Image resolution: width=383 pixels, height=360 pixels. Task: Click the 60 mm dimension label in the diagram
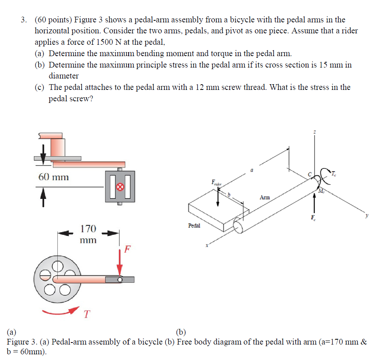[53, 177]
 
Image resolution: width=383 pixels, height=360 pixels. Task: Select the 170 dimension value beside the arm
[88, 228]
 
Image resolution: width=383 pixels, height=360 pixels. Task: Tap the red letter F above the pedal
[127, 249]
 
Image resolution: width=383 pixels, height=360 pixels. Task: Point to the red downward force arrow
[120, 263]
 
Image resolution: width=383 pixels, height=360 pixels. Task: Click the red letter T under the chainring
[86, 314]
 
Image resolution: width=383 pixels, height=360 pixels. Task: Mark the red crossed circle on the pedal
[120, 187]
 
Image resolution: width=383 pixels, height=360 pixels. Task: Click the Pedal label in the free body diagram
[194, 225]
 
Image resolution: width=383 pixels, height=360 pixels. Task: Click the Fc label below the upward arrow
[313, 217]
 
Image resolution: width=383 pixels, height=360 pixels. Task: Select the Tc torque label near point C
[333, 174]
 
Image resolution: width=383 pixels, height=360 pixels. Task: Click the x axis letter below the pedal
[207, 246]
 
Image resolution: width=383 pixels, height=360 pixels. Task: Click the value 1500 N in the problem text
[110, 42]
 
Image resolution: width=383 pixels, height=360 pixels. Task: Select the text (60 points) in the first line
[53, 20]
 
